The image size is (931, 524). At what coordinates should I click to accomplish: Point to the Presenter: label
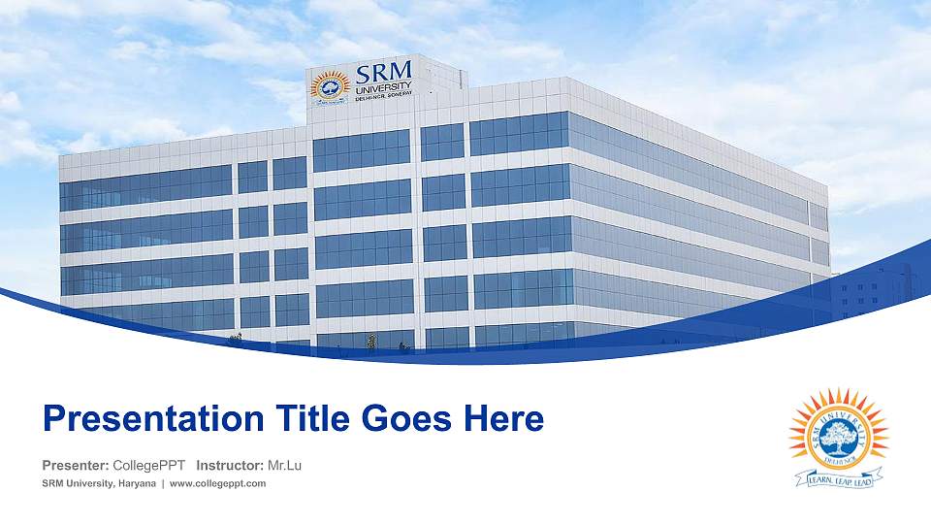(x=76, y=466)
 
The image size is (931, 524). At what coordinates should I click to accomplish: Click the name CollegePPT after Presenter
(x=149, y=466)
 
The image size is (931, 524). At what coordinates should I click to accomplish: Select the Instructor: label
(x=230, y=466)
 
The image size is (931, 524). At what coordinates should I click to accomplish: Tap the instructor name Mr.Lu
(x=284, y=466)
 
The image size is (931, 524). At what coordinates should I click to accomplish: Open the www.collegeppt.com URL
(x=218, y=484)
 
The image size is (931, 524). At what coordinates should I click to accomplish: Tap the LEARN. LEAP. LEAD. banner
(x=834, y=478)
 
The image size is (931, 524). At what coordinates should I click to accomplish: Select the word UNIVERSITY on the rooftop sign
(x=383, y=90)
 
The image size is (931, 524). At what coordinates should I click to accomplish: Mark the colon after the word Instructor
(x=262, y=467)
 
